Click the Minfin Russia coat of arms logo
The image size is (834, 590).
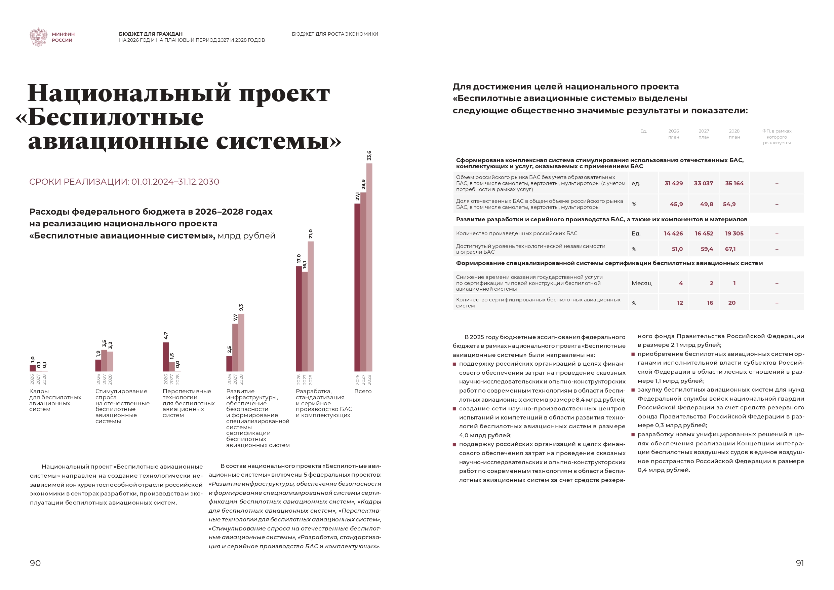tap(38, 37)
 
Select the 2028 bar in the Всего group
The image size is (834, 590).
tap(369, 267)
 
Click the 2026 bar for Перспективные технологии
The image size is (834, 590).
tap(166, 357)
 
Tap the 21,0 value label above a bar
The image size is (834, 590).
tap(311, 234)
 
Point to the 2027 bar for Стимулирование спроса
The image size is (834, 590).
tap(104, 360)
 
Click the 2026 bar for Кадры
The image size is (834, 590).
tap(33, 368)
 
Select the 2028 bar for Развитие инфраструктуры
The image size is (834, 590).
tap(241, 342)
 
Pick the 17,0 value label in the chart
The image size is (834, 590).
tap(299, 258)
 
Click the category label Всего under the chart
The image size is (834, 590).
tap(362, 391)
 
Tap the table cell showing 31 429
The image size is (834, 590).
tap(673, 183)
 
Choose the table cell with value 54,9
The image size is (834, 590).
tap(729, 204)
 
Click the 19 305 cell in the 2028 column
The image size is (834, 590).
tap(734, 233)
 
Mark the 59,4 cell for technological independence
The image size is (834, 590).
tap(707, 249)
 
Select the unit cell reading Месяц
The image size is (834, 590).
tap(641, 283)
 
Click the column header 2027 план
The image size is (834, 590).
tap(704, 134)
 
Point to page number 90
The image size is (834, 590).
tap(35, 563)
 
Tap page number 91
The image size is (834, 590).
tap(799, 563)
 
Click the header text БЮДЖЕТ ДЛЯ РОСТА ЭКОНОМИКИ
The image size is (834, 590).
tap(334, 34)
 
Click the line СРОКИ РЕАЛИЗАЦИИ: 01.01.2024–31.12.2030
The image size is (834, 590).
tap(124, 182)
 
